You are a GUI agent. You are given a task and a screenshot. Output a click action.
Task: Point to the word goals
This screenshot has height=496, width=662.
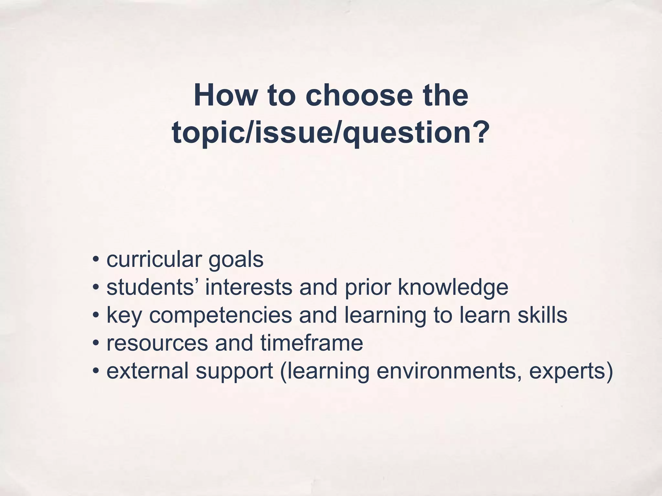(x=236, y=260)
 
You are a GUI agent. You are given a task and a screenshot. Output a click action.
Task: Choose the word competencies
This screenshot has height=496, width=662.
(x=220, y=315)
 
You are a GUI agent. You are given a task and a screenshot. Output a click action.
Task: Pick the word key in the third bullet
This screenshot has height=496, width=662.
(x=124, y=315)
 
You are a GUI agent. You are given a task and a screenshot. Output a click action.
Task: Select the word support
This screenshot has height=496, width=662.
(x=235, y=371)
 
